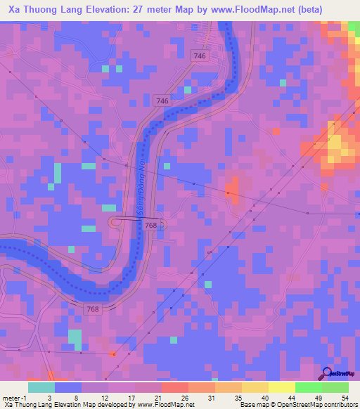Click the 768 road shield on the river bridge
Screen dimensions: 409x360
click(150, 225)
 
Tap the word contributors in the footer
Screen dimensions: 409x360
click(341, 405)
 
